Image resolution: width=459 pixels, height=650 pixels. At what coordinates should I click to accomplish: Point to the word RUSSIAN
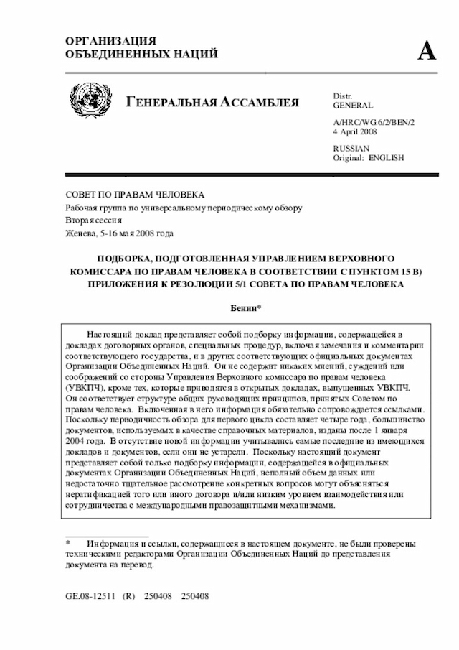tap(350, 148)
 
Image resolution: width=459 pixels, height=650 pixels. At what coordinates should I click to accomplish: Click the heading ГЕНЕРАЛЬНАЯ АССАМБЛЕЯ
tap(212, 101)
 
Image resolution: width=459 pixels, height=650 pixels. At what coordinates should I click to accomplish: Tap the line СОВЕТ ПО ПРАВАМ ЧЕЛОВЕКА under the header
tap(135, 195)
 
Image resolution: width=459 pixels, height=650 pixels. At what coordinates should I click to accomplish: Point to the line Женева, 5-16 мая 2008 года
tap(119, 233)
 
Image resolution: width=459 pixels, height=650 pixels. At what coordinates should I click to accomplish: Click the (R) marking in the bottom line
tap(129, 596)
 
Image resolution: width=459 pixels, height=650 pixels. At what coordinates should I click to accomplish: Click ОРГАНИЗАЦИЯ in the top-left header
tap(110, 41)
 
